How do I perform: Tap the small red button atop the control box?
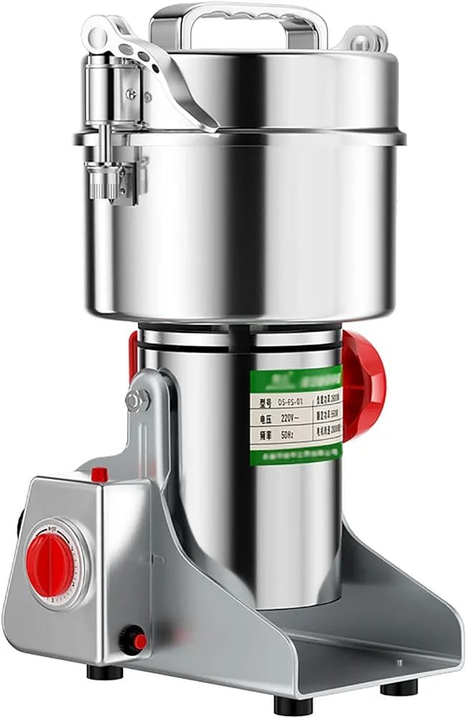100,474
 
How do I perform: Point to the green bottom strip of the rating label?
294,453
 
